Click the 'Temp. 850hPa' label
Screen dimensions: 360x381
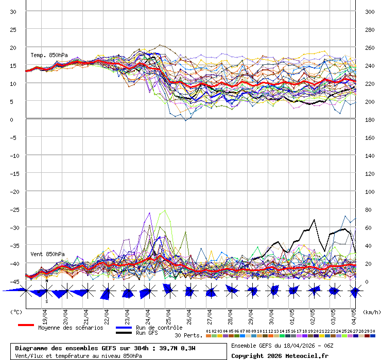point(49,55)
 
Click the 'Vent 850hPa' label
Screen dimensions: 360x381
point(47,254)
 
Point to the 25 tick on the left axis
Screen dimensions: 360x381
point(13,29)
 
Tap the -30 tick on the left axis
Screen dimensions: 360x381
point(13,227)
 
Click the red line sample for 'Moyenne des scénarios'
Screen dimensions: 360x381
point(26,325)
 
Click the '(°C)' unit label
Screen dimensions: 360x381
point(16,312)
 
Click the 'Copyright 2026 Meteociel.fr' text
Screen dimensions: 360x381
point(280,356)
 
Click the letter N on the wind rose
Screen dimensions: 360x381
point(47,281)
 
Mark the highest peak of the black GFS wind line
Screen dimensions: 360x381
point(314,220)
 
